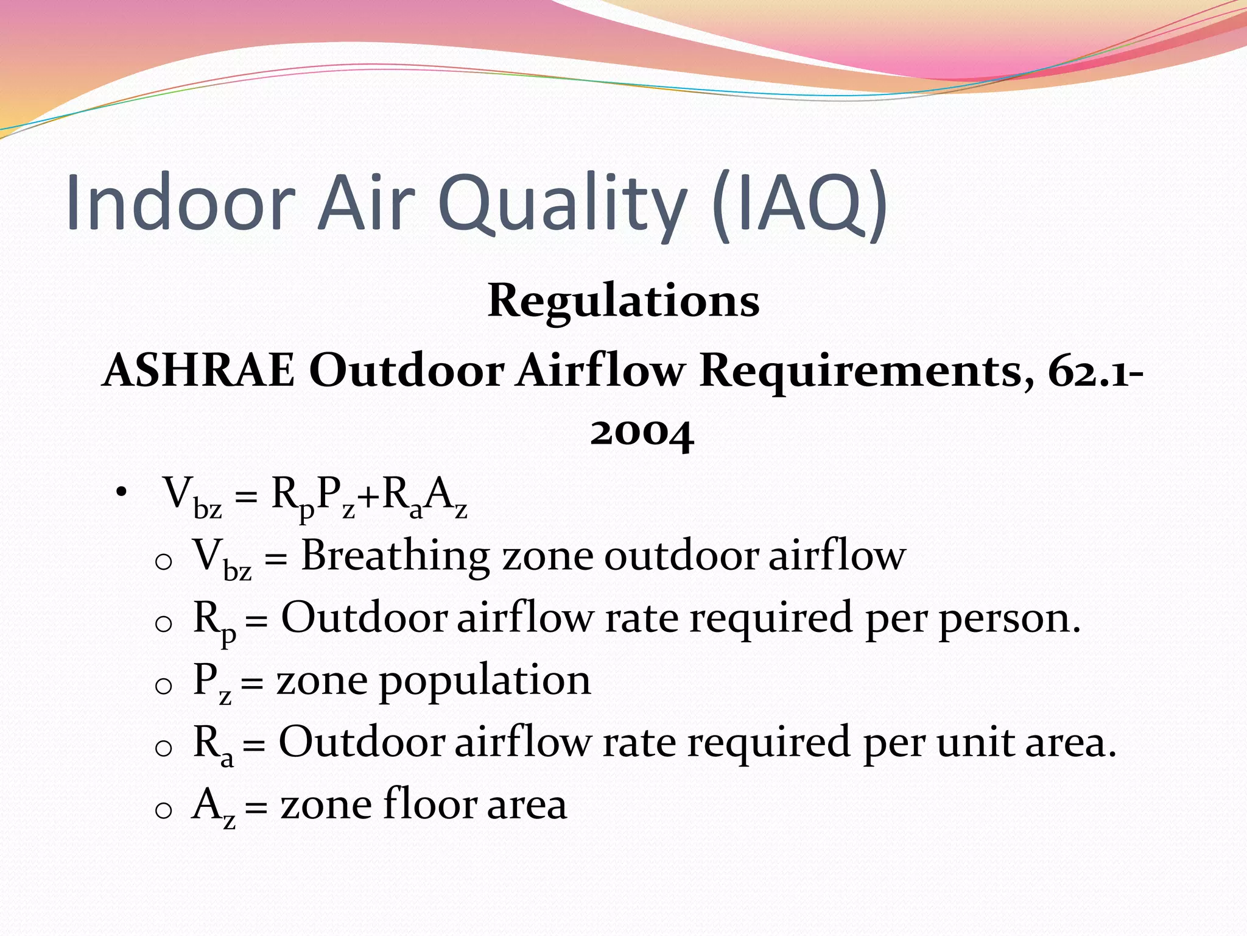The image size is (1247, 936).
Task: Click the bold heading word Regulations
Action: (623, 301)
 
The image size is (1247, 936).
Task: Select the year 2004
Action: (642, 433)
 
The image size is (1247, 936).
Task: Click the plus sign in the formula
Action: (368, 497)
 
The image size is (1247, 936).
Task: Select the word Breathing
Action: (395, 556)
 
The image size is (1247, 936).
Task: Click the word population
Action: (485, 681)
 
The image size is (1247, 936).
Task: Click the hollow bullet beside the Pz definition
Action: (164, 686)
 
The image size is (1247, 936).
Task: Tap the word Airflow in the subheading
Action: (600, 370)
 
